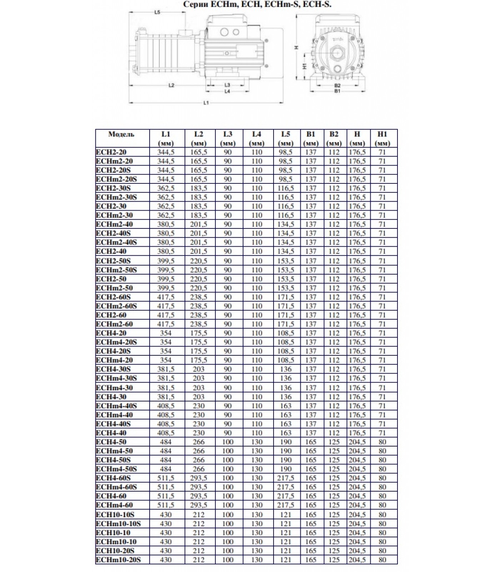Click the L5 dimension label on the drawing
(x=157, y=12)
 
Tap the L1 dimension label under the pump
(x=206, y=103)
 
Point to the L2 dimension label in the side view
(x=171, y=85)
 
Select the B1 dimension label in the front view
(x=337, y=91)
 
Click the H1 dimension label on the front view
(x=305, y=66)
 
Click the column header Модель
(x=121, y=134)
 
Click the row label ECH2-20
(x=111, y=152)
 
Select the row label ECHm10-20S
(x=119, y=560)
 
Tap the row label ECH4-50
(x=111, y=442)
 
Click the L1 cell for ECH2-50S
(x=166, y=261)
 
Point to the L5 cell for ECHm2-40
(x=286, y=225)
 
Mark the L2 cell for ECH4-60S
(x=199, y=478)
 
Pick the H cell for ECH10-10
(x=357, y=533)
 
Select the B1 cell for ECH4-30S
(x=311, y=369)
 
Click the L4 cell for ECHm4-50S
(x=257, y=469)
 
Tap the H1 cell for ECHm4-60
(x=382, y=505)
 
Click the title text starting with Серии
(x=257, y=5)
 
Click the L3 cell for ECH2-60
(x=228, y=315)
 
